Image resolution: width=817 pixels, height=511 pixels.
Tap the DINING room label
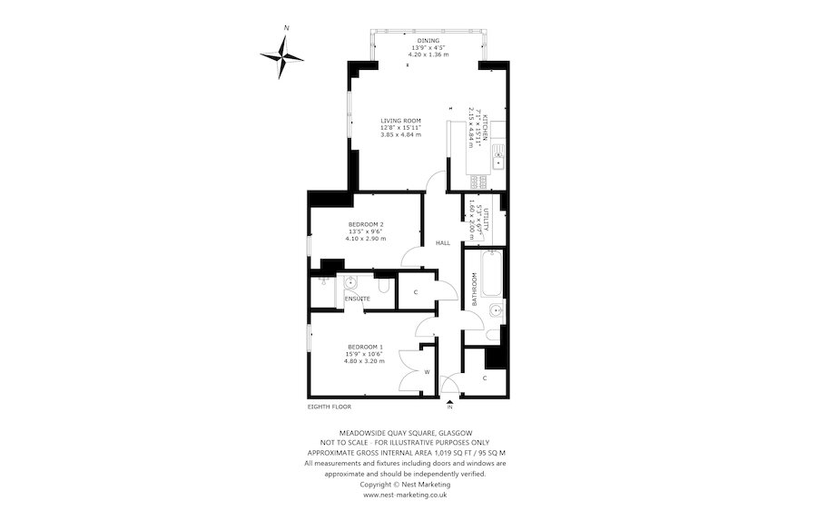pos(428,41)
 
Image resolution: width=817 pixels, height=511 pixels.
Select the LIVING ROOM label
pos(400,121)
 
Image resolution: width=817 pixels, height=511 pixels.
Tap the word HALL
pos(443,243)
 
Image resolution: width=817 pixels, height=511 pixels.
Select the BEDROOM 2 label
pos(366,224)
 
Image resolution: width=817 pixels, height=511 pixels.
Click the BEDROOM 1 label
pos(364,347)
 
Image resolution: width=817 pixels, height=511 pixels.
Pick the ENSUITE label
pos(356,298)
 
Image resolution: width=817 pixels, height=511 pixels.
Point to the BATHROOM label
pos(474,290)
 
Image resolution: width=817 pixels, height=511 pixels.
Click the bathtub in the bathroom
pos(491,272)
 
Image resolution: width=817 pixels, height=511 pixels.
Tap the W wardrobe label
pos(427,372)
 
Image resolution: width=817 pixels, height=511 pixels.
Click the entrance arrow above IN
pos(448,399)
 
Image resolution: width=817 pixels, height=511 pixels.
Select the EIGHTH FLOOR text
pos(329,408)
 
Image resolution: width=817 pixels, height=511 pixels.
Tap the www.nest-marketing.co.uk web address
pos(405,495)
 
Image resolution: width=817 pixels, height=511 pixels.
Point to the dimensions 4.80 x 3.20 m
pos(364,361)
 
